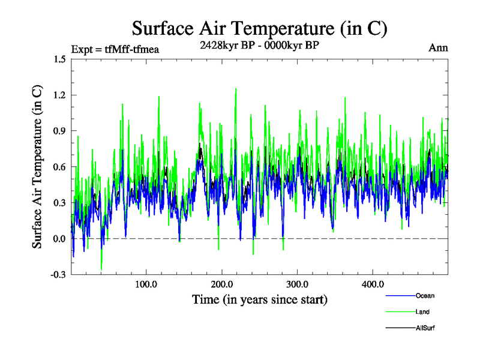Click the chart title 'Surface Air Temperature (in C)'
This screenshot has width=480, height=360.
pyautogui.click(x=259, y=28)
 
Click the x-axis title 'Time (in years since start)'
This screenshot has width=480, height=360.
pyautogui.click(x=260, y=299)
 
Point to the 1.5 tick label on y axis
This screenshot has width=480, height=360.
pyautogui.click(x=59, y=59)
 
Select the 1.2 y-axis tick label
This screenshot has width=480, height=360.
pyautogui.click(x=59, y=95)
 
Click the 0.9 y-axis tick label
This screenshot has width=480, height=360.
pyautogui.click(x=59, y=131)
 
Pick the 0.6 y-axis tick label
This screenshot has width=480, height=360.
pyautogui.click(x=59, y=167)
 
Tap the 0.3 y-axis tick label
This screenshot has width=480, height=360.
pyautogui.click(x=59, y=203)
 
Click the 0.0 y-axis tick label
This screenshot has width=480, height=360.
pyautogui.click(x=59, y=239)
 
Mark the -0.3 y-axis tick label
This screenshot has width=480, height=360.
pyautogui.click(x=58, y=275)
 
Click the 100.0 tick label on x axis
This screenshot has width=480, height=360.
pyautogui.click(x=146, y=284)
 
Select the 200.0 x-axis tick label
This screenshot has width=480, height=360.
pyautogui.click(x=222, y=284)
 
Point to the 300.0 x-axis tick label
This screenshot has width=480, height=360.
pyautogui.click(x=298, y=284)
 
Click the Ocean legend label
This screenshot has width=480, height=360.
pyautogui.click(x=425, y=296)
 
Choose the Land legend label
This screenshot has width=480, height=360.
pyautogui.click(x=422, y=312)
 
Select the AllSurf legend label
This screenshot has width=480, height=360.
pyautogui.click(x=426, y=328)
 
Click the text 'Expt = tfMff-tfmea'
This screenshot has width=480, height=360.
pyautogui.click(x=115, y=49)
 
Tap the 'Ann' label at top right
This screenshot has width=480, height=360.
pyautogui.click(x=439, y=47)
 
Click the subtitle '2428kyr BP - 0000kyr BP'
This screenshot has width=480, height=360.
pyautogui.click(x=259, y=44)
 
